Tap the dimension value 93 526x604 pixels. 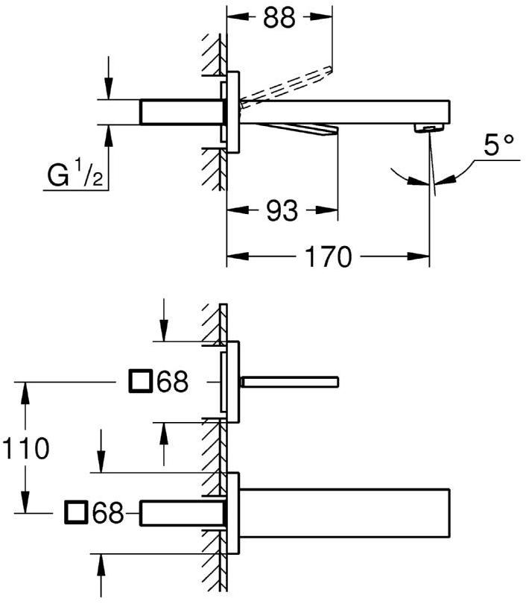click(282, 212)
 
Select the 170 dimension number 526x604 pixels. click(328, 258)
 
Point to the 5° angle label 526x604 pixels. click(498, 145)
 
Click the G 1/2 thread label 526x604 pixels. click(75, 178)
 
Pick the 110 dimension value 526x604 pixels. click(25, 449)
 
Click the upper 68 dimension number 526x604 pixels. click(172, 383)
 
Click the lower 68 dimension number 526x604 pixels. click(108, 512)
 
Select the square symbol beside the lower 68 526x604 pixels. click(77, 512)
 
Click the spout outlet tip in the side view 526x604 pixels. click(428, 129)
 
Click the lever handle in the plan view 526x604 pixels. click(291, 382)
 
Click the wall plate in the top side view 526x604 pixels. click(233, 112)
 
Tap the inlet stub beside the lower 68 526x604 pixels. click(183, 512)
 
